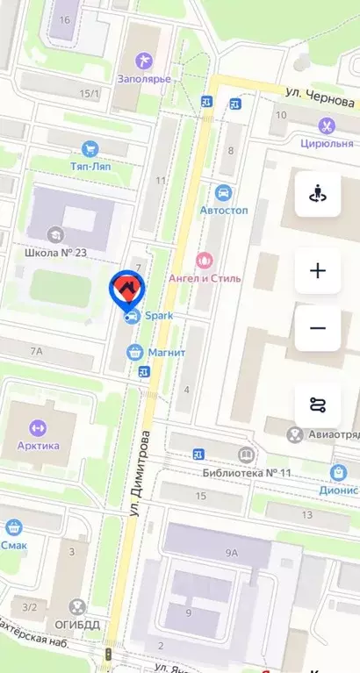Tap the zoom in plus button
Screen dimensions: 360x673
pos(318,270)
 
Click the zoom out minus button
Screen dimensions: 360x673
pos(318,329)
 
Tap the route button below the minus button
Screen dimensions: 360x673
pos(318,405)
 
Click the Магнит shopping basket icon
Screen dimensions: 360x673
pos(134,352)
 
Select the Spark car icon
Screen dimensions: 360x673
pos(132,317)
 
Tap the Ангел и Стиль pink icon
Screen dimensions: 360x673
pos(205,260)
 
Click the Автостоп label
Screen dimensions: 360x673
pos(224,211)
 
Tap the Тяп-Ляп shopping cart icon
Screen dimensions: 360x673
pos(90,149)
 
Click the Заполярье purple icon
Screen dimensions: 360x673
pos(143,60)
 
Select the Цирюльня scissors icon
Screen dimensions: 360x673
pos(328,125)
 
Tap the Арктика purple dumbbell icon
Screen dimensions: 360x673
pos(37,427)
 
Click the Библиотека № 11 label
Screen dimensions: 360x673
pos(248,473)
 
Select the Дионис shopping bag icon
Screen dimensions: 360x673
pos(338,473)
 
